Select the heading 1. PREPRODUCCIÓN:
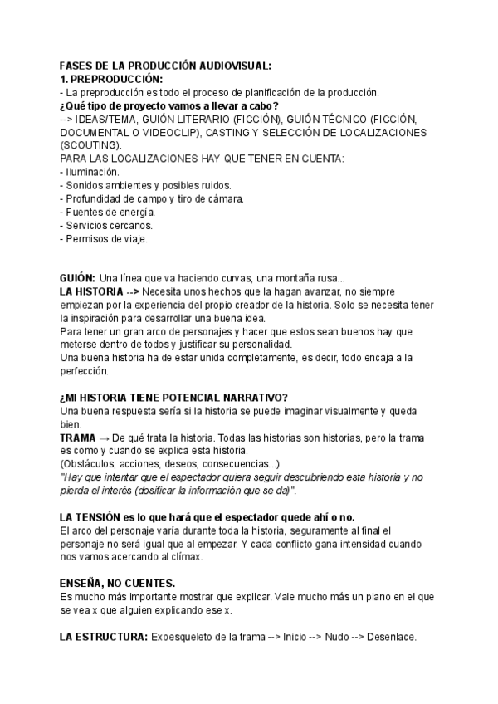click(x=111, y=79)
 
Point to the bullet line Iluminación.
click(x=88, y=172)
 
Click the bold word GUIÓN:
click(x=78, y=278)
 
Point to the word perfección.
click(x=86, y=371)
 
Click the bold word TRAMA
click(x=78, y=437)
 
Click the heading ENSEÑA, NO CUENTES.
click(x=117, y=583)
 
